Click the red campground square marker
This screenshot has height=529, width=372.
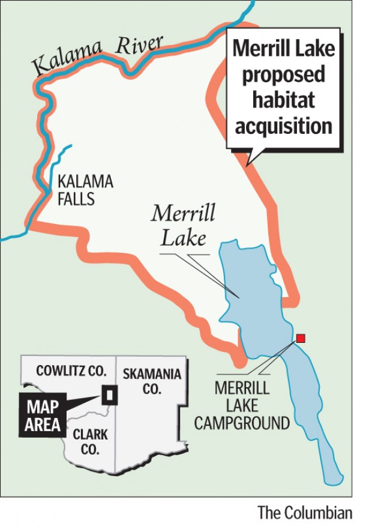[x=301, y=338]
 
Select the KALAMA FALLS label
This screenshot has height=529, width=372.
[x=85, y=190]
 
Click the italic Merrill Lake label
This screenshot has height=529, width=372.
[x=183, y=226]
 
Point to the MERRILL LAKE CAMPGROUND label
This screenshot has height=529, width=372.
[x=251, y=405]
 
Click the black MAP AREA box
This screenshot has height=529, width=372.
[x=43, y=416]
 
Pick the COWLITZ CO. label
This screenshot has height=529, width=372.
[x=71, y=370]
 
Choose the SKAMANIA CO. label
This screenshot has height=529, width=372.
[x=152, y=381]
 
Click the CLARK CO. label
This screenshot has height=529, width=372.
[x=91, y=441]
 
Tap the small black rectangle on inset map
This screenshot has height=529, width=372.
[x=110, y=394]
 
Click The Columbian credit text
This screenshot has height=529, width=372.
[x=305, y=513]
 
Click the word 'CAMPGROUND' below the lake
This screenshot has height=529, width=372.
[x=251, y=423]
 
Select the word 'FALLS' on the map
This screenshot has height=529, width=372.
[x=76, y=199]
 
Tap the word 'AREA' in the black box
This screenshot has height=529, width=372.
[x=43, y=425]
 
